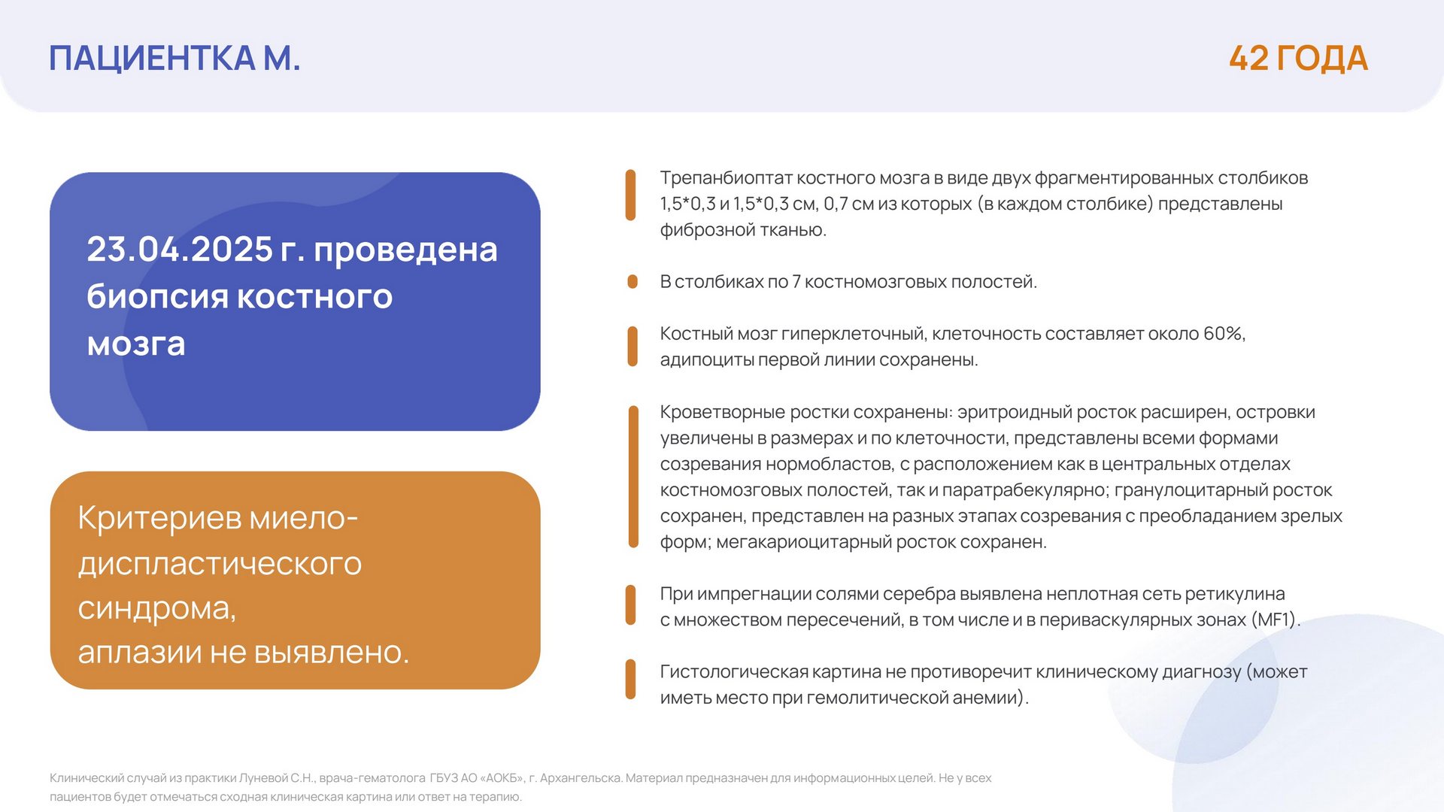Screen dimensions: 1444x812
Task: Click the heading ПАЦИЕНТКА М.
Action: [x=174, y=59]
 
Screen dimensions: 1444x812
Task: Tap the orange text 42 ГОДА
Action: [x=1298, y=59]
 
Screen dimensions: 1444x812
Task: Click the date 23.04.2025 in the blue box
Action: [x=180, y=250]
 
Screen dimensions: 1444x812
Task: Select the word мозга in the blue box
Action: [x=136, y=344]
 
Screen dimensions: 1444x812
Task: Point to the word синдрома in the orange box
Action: [x=156, y=607]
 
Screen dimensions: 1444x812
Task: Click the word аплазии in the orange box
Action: [x=140, y=652]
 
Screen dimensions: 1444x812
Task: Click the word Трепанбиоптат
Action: [x=726, y=178]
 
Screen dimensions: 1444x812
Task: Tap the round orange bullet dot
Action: [x=633, y=282]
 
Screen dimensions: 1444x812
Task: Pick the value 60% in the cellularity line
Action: [x=1224, y=334]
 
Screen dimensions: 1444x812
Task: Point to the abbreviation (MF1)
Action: [x=1276, y=620]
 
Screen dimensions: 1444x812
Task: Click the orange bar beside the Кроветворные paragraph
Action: [x=633, y=477]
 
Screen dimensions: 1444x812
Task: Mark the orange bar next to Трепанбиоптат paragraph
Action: [x=631, y=195]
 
